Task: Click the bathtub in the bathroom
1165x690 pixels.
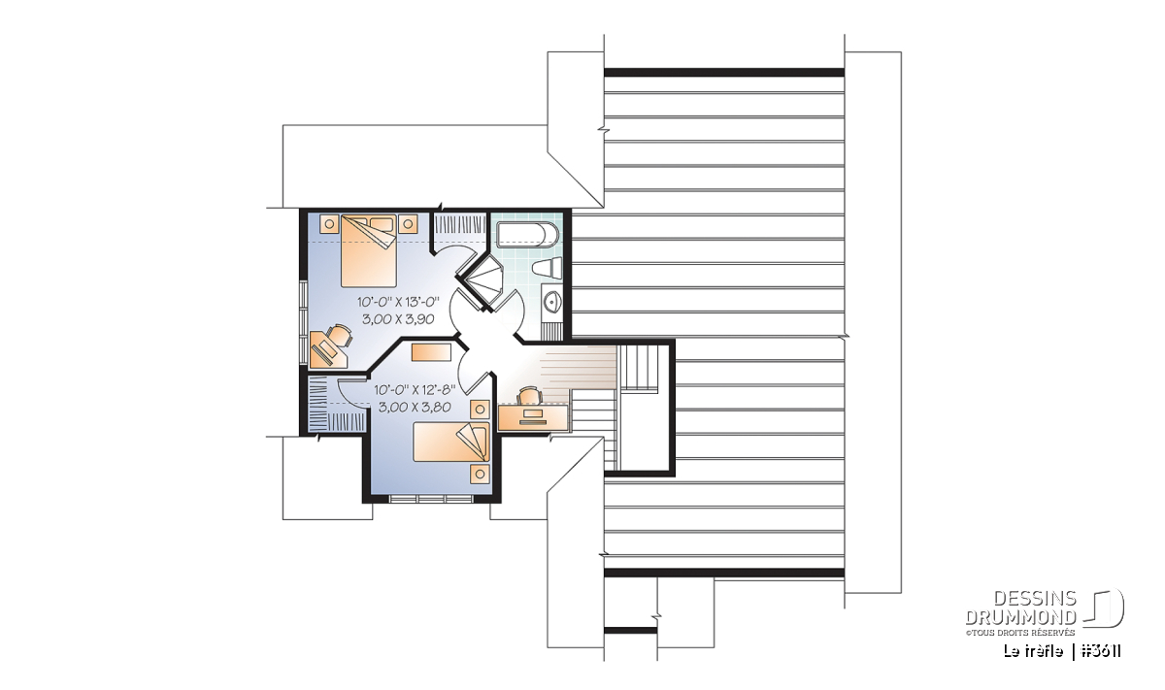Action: [527, 235]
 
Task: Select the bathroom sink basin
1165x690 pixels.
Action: [552, 301]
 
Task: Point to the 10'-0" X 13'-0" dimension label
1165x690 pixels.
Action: [398, 302]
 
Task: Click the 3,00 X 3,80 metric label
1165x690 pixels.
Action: [415, 408]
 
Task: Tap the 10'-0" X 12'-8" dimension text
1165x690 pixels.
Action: [415, 389]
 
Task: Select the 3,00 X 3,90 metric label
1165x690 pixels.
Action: [398, 319]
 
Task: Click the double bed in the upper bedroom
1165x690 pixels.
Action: [369, 250]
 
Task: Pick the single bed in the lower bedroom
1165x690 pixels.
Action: [451, 442]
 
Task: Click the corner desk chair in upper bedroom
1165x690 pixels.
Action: [341, 335]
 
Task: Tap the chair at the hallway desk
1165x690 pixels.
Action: [529, 395]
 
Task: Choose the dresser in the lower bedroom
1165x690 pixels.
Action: [431, 352]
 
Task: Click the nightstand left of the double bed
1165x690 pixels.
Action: [329, 224]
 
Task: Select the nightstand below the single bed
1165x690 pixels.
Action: [480, 475]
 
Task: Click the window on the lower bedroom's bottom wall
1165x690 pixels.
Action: [431, 499]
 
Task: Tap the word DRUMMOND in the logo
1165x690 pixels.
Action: [1020, 617]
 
